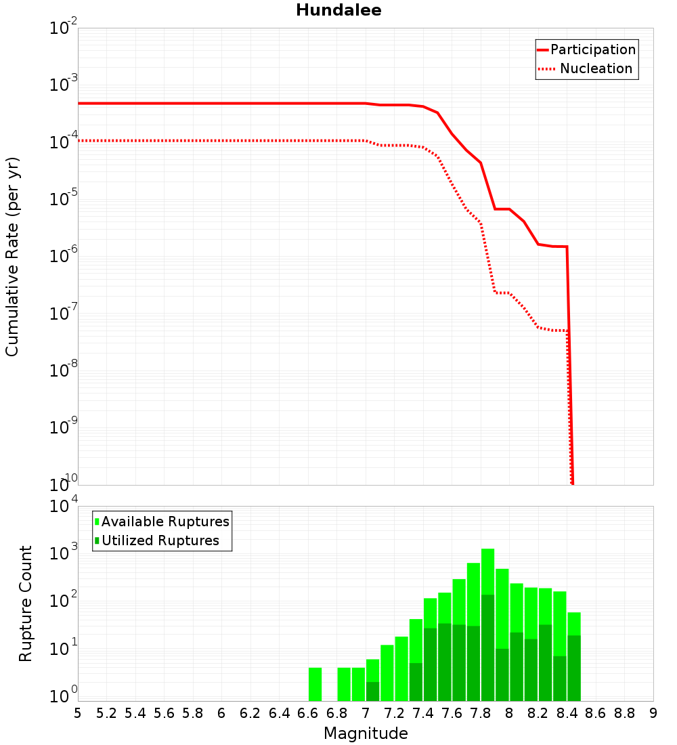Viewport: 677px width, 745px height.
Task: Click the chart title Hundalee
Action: (338, 10)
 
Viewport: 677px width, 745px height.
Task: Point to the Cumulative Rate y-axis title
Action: (12, 256)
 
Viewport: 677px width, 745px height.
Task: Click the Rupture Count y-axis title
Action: (26, 603)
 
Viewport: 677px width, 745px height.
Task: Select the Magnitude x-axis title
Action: (366, 733)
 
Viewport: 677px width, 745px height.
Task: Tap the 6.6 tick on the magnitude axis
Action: (308, 713)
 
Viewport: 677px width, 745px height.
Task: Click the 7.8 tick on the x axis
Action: (481, 713)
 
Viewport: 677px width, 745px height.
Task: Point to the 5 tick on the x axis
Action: (78, 713)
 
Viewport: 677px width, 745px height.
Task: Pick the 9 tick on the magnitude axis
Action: (653, 713)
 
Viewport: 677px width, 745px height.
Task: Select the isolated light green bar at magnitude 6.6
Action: (315, 684)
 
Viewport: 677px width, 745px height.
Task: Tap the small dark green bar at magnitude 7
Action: (372, 691)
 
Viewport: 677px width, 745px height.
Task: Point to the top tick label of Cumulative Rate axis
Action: (65, 29)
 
